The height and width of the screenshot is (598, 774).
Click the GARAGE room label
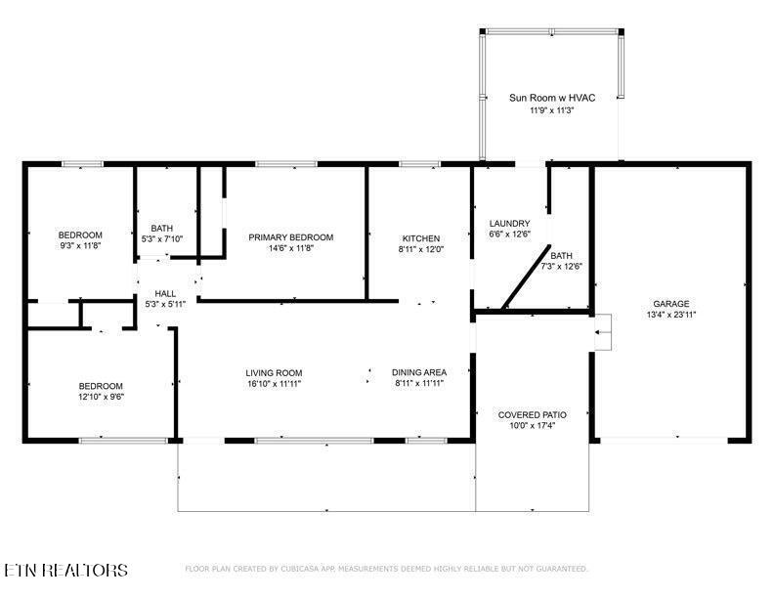pyautogui.click(x=670, y=304)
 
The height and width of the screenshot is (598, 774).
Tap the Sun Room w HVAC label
pyautogui.click(x=552, y=98)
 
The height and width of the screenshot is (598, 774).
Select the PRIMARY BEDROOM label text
pyautogui.click(x=291, y=237)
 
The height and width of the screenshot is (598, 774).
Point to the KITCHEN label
pyautogui.click(x=420, y=238)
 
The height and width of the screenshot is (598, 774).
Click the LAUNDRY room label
pyautogui.click(x=509, y=224)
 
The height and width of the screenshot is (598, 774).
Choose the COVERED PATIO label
pyautogui.click(x=532, y=415)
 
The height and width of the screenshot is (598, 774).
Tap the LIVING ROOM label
pyautogui.click(x=274, y=373)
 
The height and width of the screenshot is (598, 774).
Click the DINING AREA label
pyautogui.click(x=419, y=372)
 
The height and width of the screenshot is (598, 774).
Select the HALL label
pyautogui.click(x=165, y=293)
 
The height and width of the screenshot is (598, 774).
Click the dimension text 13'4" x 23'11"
pyautogui.click(x=670, y=315)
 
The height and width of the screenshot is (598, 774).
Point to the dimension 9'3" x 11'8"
pyautogui.click(x=80, y=245)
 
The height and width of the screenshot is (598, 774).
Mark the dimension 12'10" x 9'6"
pyautogui.click(x=101, y=397)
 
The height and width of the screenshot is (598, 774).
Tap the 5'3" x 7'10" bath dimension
pyautogui.click(x=162, y=238)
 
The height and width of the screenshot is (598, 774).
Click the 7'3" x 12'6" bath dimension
pyautogui.click(x=562, y=267)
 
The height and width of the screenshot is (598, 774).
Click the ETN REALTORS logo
pyautogui.click(x=65, y=570)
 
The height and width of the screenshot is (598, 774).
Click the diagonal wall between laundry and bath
pyautogui.click(x=525, y=277)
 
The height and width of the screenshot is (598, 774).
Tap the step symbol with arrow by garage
pyautogui.click(x=603, y=332)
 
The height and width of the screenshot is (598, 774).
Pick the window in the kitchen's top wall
pyautogui.click(x=419, y=164)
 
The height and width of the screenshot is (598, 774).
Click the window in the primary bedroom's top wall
pyautogui.click(x=286, y=164)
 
